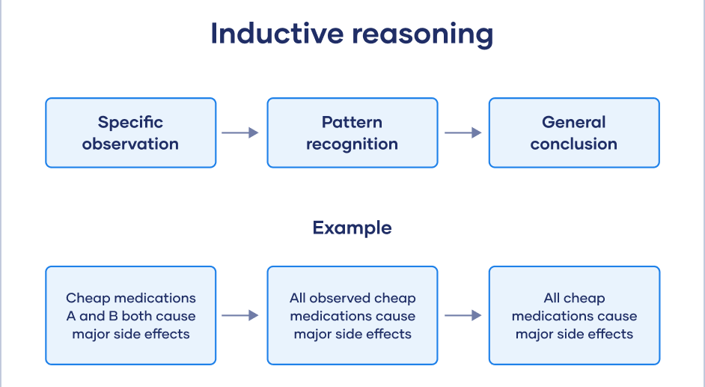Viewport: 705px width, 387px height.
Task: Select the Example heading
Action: [x=352, y=228]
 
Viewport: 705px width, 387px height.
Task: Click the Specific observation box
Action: [x=130, y=132]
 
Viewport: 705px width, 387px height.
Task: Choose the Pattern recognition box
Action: [x=352, y=132]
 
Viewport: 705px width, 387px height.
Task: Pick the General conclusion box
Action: [x=574, y=132]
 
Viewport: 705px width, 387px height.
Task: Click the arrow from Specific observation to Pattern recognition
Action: [x=240, y=132]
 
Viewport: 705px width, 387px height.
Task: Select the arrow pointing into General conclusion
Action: [x=463, y=132]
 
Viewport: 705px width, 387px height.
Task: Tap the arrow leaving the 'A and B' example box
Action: [x=240, y=315]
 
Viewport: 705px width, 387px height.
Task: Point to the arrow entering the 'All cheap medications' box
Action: [x=463, y=315]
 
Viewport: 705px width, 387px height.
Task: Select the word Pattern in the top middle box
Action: [x=352, y=122]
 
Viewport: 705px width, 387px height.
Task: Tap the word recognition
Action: [x=352, y=144]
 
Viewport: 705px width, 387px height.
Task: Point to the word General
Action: [x=574, y=122]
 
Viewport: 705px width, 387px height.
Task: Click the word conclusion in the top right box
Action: [x=574, y=144]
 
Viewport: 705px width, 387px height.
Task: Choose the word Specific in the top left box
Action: [x=130, y=122]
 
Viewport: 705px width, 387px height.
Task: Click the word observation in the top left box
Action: [x=130, y=144]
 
